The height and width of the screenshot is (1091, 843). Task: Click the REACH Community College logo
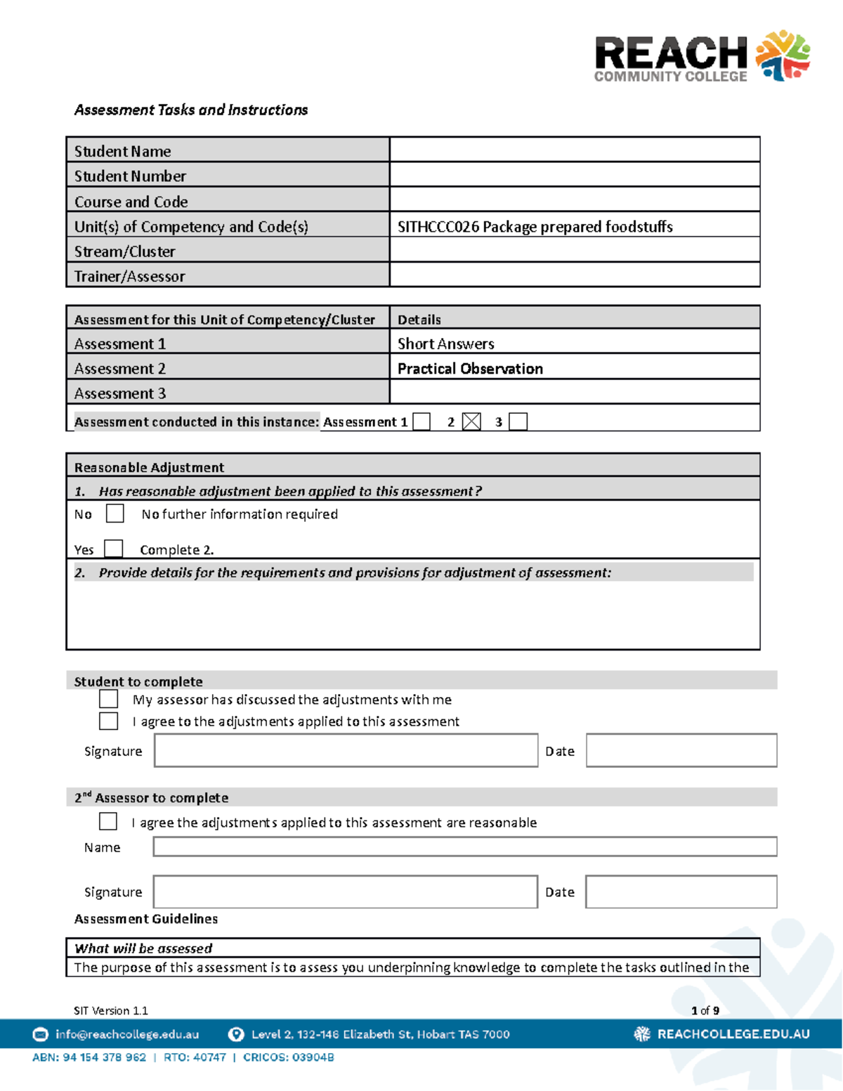pyautogui.click(x=701, y=57)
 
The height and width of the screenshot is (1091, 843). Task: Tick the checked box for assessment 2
pyautogui.click(x=471, y=422)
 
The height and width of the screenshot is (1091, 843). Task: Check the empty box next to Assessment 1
pyautogui.click(x=421, y=422)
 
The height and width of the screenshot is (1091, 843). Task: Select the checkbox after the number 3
pyautogui.click(x=518, y=422)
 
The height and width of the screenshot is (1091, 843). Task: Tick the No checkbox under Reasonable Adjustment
pyautogui.click(x=115, y=514)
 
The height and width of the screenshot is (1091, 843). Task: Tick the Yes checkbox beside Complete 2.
pyautogui.click(x=113, y=549)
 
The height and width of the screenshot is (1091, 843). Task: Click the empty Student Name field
pyautogui.click(x=574, y=150)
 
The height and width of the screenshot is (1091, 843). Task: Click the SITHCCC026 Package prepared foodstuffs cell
pyautogui.click(x=535, y=226)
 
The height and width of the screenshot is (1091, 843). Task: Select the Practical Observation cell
pyautogui.click(x=470, y=369)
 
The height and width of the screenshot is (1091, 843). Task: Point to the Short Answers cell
pyautogui.click(x=445, y=344)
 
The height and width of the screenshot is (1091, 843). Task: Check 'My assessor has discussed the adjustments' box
pyautogui.click(x=108, y=699)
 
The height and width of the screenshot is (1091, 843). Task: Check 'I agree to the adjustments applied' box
pyautogui.click(x=108, y=721)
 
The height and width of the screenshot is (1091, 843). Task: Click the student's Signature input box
pyautogui.click(x=346, y=750)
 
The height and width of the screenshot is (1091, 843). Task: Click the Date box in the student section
pyautogui.click(x=681, y=750)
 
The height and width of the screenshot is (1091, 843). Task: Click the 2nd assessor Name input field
pyautogui.click(x=464, y=847)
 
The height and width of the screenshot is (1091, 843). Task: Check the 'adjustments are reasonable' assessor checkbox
pyautogui.click(x=108, y=821)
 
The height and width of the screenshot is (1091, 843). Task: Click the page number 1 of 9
pyautogui.click(x=705, y=1010)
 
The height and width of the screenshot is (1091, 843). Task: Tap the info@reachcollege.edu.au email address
pyautogui.click(x=127, y=1034)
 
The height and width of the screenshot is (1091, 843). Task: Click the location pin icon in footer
pyautogui.click(x=236, y=1034)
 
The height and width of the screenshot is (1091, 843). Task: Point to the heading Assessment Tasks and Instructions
pyautogui.click(x=191, y=110)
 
